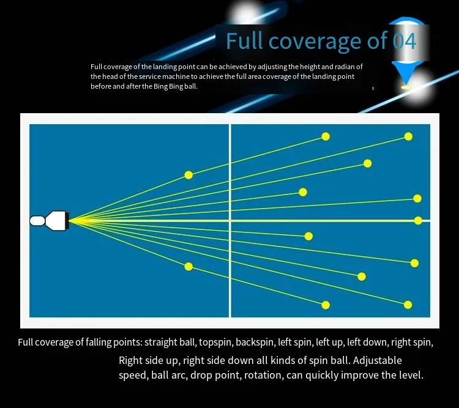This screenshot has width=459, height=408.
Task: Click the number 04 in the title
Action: (405, 41)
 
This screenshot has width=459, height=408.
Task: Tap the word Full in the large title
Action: (244, 41)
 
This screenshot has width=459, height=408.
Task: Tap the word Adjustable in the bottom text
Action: (378, 360)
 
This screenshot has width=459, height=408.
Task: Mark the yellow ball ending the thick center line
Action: (418, 220)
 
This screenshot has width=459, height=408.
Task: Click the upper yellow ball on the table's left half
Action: (189, 175)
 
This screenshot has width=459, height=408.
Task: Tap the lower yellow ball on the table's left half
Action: (189, 266)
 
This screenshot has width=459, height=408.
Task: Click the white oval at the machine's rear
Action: (37, 221)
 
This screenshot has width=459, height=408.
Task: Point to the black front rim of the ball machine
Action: (67, 221)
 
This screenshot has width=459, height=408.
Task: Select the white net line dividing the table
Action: (230, 221)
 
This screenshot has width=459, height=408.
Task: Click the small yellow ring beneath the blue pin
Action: (405, 87)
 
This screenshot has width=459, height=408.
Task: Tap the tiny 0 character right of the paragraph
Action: (373, 88)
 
